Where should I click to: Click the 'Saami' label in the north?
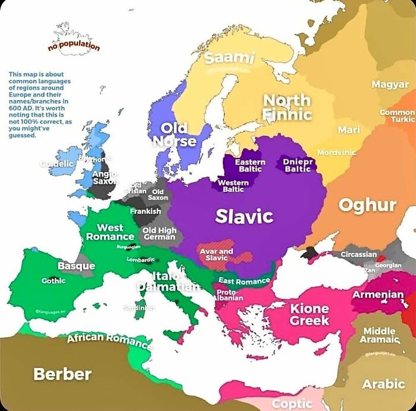229,58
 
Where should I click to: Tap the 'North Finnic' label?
287,107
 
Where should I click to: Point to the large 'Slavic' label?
244,216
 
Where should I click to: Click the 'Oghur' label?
367,205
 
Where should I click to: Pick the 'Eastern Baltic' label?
250,166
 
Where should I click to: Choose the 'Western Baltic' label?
233,186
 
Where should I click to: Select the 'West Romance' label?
110,232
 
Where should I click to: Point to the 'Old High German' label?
159,233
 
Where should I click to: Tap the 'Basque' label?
77,265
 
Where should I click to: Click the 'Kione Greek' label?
309,314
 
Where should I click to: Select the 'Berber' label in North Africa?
62,374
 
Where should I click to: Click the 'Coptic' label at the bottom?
292,404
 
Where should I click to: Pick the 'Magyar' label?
390,84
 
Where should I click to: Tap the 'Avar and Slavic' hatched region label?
216,255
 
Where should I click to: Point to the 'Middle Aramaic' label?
379,335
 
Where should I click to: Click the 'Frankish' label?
146,211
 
